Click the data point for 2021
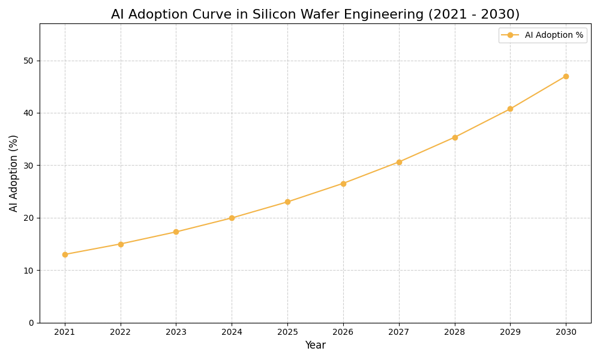(x=65, y=254)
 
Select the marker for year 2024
(x=232, y=218)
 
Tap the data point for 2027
(x=399, y=162)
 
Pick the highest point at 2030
(x=566, y=76)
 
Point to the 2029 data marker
(x=510, y=109)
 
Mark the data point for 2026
(x=343, y=184)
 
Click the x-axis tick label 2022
(x=121, y=332)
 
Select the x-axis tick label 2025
(x=287, y=332)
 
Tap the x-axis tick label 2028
(x=455, y=332)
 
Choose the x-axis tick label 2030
(x=566, y=332)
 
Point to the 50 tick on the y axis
(x=28, y=61)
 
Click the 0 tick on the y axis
(x=31, y=323)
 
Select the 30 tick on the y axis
(x=28, y=166)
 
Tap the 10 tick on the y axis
(x=28, y=271)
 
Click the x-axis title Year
(x=315, y=346)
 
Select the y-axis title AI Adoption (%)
(x=14, y=173)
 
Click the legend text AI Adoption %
(x=554, y=35)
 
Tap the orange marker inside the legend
(x=510, y=35)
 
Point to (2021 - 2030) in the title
(x=473, y=14)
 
